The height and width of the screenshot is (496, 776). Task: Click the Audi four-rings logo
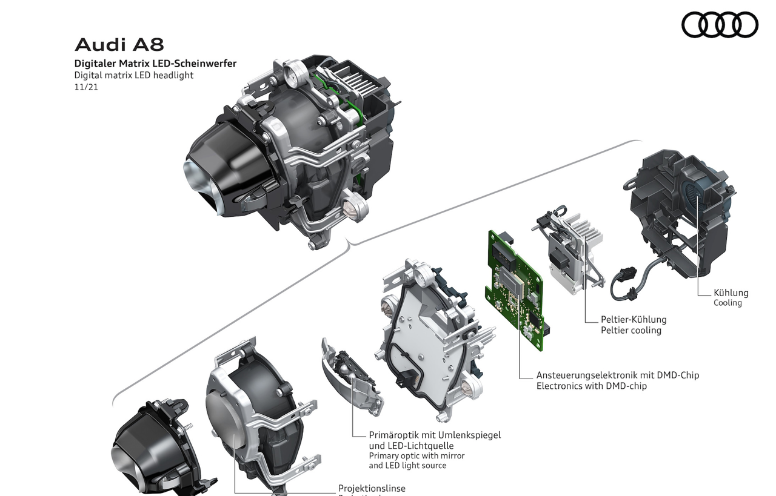tap(720, 25)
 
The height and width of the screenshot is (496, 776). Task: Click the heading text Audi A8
tap(119, 45)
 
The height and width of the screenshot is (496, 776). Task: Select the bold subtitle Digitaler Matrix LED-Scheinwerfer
tap(155, 63)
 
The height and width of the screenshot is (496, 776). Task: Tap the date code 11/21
tap(85, 87)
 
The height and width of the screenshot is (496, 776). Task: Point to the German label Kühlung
tap(731, 293)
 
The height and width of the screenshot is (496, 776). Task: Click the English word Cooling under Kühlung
tap(727, 303)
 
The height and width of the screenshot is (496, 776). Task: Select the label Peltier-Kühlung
tap(633, 319)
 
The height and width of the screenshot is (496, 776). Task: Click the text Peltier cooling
tap(630, 330)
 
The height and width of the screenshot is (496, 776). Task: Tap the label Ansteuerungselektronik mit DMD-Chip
tap(617, 375)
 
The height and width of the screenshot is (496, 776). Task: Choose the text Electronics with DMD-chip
tap(591, 386)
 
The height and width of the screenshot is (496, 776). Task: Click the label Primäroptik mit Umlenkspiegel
tap(435, 435)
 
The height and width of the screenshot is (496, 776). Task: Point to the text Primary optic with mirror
tap(416, 455)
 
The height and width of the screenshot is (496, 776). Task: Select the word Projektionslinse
tap(372, 488)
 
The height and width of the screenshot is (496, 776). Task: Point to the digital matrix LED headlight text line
tap(133, 75)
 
